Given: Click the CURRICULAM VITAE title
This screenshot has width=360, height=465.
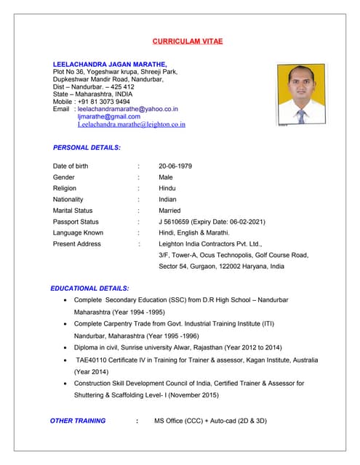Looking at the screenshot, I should [x=188, y=41].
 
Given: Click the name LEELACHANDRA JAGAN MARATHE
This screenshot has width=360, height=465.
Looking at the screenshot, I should [x=110, y=64].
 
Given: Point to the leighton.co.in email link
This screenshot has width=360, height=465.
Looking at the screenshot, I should [x=131, y=124].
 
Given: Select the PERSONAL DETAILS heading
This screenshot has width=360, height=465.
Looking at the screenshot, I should [x=87, y=147].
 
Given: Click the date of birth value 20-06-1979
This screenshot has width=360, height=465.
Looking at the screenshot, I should [x=175, y=166].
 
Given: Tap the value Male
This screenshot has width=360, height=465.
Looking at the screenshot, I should [x=166, y=177].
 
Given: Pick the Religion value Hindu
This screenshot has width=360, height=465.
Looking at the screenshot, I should [x=167, y=188].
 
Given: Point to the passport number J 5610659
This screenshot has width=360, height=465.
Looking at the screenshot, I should [x=177, y=222].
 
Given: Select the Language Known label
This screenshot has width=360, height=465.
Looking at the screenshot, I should [x=78, y=232].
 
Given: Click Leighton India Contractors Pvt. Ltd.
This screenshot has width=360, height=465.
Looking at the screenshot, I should [x=209, y=244].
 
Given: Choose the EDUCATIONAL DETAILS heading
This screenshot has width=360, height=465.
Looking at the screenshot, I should [x=89, y=288].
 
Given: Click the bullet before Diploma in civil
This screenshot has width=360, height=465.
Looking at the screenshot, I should [x=68, y=349].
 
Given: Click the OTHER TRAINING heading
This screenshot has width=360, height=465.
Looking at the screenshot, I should [x=78, y=421].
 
